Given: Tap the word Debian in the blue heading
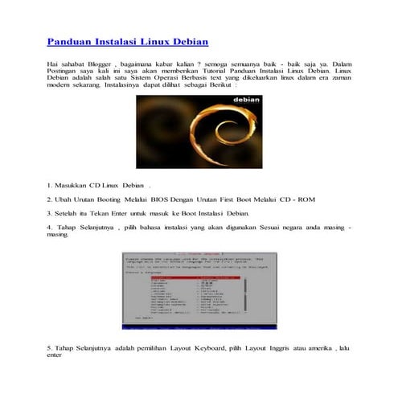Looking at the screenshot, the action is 190,40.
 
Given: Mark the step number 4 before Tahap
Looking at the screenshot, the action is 49,228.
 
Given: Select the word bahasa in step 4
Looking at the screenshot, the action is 157,228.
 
